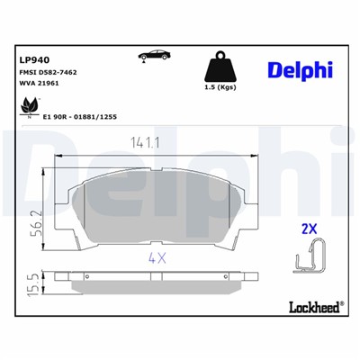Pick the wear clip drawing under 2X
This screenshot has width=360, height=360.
click(x=309, y=258)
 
